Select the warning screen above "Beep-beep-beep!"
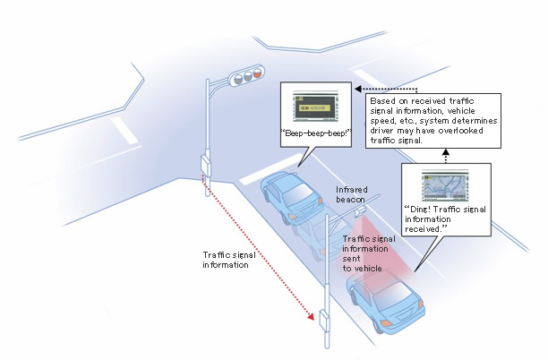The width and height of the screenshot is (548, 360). coord(313,107)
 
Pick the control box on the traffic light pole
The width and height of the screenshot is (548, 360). coord(206,164)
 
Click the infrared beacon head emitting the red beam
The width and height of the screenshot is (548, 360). coord(360,211)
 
